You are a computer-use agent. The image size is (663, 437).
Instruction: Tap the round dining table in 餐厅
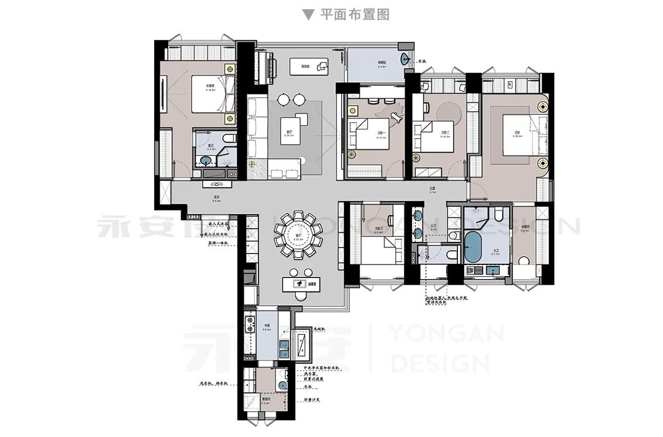pos(298,233)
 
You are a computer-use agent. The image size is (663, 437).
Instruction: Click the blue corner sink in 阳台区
pos(404,60)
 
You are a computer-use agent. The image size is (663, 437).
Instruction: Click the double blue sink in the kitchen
pos(284,350)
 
